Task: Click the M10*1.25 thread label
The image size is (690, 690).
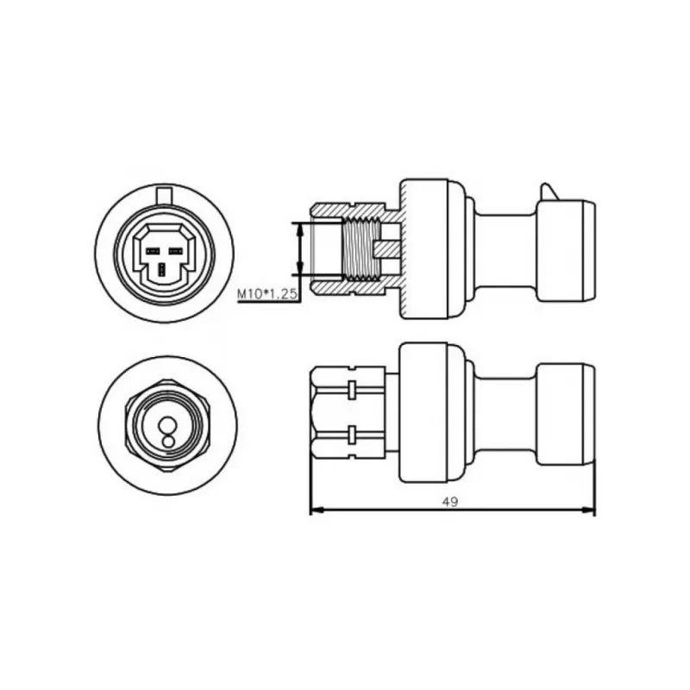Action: [267, 294]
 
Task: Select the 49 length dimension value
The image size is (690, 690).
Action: [449, 502]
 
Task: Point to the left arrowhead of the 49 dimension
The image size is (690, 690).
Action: [317, 510]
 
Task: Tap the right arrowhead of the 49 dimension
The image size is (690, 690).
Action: [588, 510]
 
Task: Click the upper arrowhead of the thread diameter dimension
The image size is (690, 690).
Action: [300, 229]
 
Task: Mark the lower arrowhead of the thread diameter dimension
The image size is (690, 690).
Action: [300, 267]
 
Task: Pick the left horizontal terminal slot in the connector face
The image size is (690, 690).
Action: [153, 251]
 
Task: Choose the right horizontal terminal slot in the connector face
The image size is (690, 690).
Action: [176, 251]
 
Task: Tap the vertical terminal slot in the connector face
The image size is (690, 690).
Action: [163, 269]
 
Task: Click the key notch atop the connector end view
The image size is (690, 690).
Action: [164, 193]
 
